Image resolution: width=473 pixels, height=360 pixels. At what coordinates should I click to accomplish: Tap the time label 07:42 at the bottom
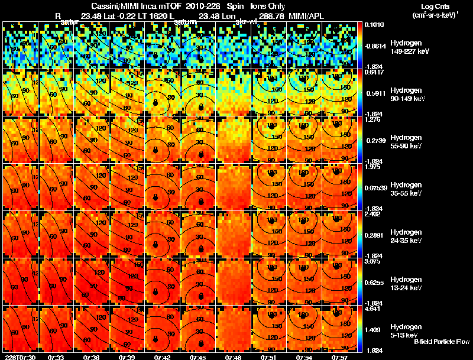[163, 356]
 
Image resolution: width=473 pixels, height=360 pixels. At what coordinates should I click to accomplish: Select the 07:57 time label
[339, 356]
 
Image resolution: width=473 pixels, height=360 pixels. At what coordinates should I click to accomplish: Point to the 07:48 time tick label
[234, 356]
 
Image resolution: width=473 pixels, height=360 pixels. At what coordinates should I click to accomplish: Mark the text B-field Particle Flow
[442, 342]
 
